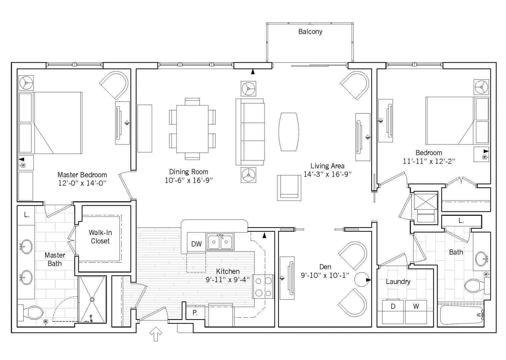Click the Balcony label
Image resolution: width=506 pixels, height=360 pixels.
310,32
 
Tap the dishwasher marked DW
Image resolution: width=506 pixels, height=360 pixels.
196,244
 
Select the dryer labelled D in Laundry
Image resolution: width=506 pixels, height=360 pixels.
393,311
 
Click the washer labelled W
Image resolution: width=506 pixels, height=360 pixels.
416,311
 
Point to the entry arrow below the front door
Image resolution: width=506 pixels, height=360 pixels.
156,334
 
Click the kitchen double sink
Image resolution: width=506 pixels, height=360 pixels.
220,242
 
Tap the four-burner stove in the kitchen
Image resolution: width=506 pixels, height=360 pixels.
263,286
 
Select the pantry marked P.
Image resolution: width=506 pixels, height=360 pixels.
195,313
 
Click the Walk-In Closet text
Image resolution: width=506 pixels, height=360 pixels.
100,237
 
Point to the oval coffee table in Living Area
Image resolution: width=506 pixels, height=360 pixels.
289,132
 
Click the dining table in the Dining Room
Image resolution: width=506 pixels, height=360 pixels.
192,129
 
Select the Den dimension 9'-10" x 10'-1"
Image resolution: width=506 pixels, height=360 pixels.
325,275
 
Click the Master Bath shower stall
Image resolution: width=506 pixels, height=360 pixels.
92,299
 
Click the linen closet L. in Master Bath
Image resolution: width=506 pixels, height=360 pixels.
27,215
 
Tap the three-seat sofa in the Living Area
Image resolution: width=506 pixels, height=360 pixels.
250,132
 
